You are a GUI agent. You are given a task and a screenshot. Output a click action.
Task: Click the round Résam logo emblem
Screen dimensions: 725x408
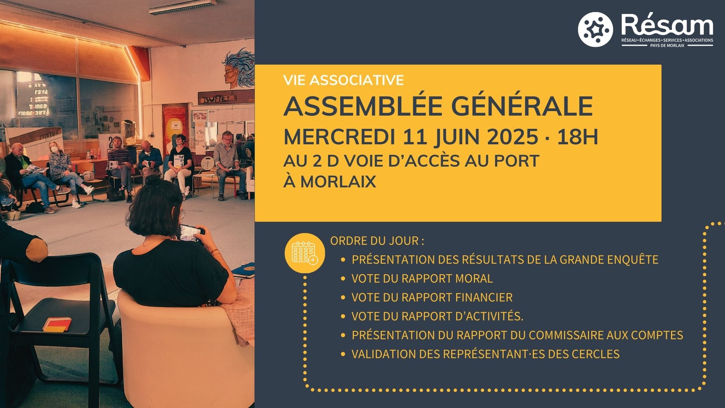pyautogui.click(x=595, y=29)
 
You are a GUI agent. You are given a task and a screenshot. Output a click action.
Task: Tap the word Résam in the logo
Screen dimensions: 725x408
pyautogui.click(x=667, y=25)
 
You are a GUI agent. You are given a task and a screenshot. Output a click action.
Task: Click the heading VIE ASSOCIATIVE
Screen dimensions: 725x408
pyautogui.click(x=344, y=80)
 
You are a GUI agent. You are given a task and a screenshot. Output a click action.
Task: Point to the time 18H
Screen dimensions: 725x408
pyautogui.click(x=578, y=137)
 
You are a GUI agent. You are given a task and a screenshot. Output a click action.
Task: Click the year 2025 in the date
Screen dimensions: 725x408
pyautogui.click(x=513, y=137)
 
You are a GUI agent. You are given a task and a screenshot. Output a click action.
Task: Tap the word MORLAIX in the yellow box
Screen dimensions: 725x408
pyautogui.click(x=338, y=182)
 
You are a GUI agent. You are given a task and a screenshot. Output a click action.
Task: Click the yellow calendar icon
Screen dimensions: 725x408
pyautogui.click(x=305, y=253)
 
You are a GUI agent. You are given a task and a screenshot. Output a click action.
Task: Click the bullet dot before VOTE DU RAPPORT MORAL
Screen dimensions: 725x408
pyautogui.click(x=343, y=278)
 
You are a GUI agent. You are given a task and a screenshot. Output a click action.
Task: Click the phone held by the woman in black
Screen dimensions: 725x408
pyautogui.click(x=191, y=233)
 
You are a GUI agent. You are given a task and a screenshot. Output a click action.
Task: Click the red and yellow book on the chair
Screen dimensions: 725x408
pyautogui.click(x=57, y=324)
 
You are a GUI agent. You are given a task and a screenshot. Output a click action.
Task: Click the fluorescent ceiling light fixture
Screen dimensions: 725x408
pyautogui.click(x=182, y=7)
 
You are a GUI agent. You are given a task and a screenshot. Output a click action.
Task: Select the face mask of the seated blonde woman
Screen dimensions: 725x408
pyautogui.click(x=55, y=150)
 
